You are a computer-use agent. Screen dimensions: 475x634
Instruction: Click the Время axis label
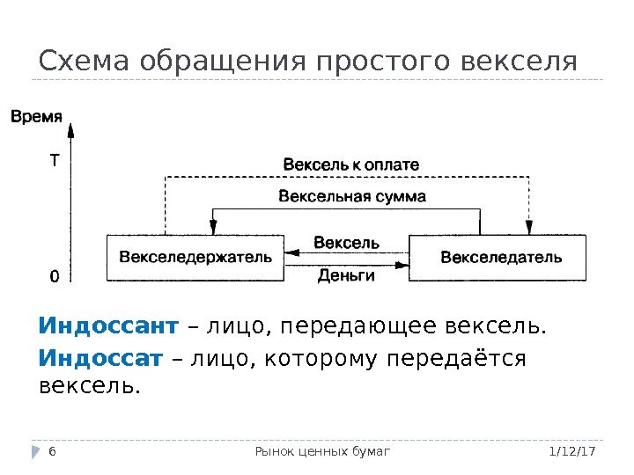[35, 114]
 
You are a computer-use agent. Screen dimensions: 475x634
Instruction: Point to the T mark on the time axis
[55, 162]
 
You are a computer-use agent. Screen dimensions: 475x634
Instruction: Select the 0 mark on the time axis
[55, 276]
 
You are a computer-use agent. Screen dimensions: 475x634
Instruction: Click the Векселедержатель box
[195, 258]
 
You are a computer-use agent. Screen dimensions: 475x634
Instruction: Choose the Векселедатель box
[499, 258]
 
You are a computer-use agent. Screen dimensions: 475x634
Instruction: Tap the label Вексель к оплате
[350, 164]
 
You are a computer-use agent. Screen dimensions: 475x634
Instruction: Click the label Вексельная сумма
[351, 196]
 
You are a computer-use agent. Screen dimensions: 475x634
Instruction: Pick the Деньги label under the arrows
[346, 276]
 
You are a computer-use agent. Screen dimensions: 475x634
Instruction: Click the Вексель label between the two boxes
[346, 242]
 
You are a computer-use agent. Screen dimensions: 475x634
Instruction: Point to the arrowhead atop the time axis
[71, 129]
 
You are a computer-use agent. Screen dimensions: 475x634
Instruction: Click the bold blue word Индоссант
[108, 327]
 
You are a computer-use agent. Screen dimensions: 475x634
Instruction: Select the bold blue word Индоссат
[101, 359]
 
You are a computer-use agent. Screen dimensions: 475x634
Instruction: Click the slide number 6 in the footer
[52, 451]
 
